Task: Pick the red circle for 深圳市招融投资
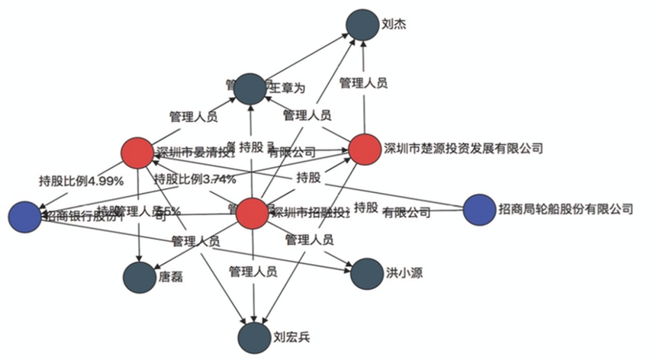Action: pos(253,213)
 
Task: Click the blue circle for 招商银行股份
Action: pos(24,216)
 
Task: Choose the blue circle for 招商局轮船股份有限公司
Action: pos(479,210)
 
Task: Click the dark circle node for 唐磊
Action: pos(139,277)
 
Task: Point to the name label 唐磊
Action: pos(170,278)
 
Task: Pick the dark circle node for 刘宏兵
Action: pos(253,336)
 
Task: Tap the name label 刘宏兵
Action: pos(291,336)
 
